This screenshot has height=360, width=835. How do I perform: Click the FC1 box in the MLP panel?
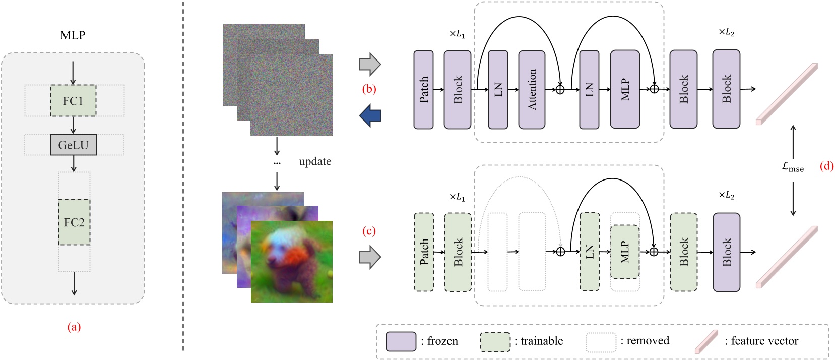coord(73,101)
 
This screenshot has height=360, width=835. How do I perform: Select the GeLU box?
coord(73,145)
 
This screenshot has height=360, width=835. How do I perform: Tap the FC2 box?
coord(74,222)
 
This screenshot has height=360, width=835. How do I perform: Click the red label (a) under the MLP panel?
coord(74,327)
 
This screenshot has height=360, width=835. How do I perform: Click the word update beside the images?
coord(315,162)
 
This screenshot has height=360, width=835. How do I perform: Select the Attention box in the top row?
coord(532,90)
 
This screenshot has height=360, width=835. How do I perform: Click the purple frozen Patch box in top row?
coord(423,90)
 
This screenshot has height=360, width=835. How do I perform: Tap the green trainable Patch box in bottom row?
coord(424,252)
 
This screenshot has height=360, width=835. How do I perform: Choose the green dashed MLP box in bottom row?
coord(624,252)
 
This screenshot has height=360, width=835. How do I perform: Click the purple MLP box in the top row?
coord(624,90)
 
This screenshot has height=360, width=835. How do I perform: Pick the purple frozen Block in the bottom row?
coord(726,252)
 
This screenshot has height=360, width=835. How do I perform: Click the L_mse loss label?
coord(792,167)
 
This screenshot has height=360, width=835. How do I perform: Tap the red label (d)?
coord(826,166)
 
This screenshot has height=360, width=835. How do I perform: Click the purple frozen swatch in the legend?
coord(401,341)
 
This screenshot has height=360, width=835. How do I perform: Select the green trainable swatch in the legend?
coord(495,341)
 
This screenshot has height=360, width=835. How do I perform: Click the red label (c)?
coord(369,231)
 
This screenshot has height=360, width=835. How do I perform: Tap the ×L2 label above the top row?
coord(726,33)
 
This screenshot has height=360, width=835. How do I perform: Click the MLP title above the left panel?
coord(73,35)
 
